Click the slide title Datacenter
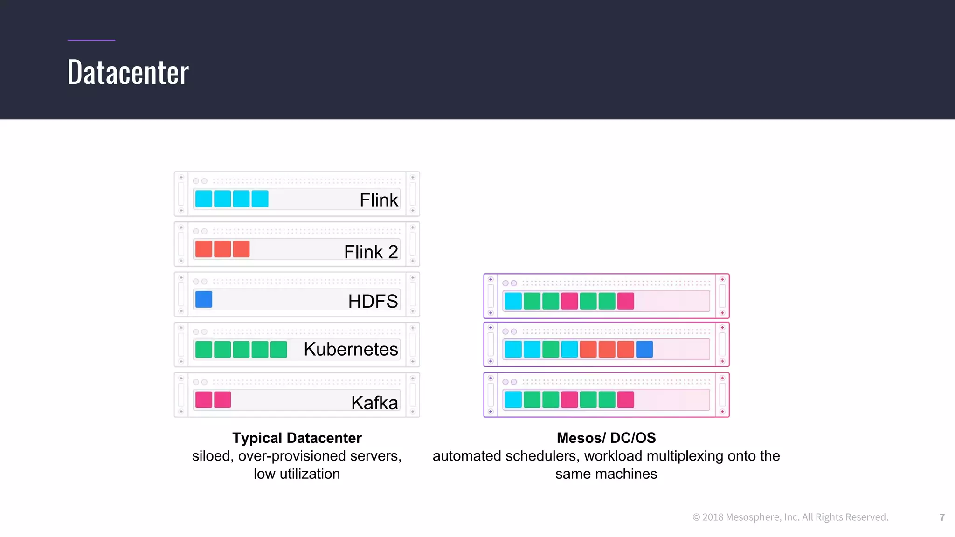pyautogui.click(x=128, y=73)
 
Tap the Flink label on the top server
pyautogui.click(x=379, y=200)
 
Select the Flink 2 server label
pyautogui.click(x=371, y=252)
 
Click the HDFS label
pyautogui.click(x=373, y=301)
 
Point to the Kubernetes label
pyautogui.click(x=351, y=349)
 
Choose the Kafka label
pyautogui.click(x=374, y=402)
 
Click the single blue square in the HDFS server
pyautogui.click(x=204, y=299)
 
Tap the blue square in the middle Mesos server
pyautogui.click(x=644, y=349)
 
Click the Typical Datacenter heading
pyautogui.click(x=297, y=438)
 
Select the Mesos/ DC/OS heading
pyautogui.click(x=606, y=438)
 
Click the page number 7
pyautogui.click(x=942, y=517)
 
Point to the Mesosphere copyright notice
pyautogui.click(x=790, y=517)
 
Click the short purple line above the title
pyautogui.click(x=91, y=40)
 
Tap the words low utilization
pyautogui.click(x=297, y=474)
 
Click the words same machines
pyautogui.click(x=606, y=474)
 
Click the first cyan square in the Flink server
pyautogui.click(x=204, y=199)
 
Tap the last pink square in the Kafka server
pyautogui.click(x=222, y=399)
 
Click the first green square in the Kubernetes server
pyautogui.click(x=204, y=350)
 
